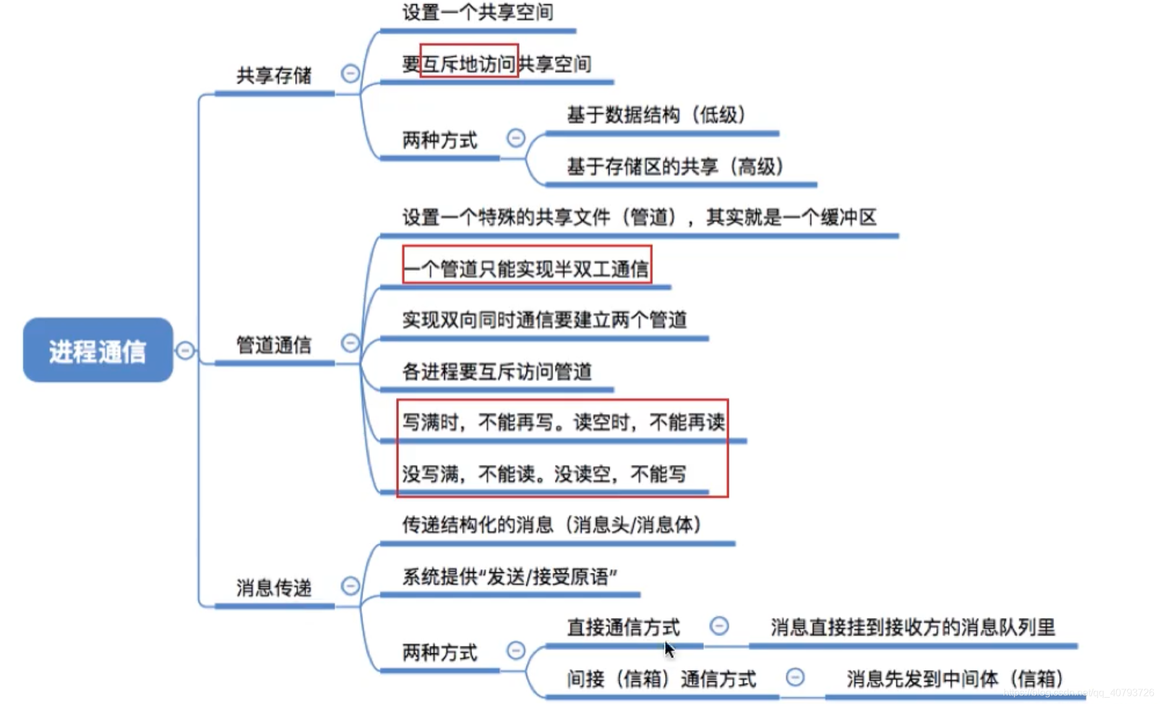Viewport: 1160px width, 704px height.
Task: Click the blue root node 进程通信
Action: pos(98,350)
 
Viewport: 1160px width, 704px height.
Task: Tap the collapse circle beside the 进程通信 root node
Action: pos(185,350)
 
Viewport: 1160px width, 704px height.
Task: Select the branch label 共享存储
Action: pos(273,75)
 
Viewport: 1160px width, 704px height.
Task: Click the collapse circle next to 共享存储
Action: pos(350,74)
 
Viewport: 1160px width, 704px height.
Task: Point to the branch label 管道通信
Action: pos(273,345)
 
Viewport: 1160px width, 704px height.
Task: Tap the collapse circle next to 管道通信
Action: pos(350,343)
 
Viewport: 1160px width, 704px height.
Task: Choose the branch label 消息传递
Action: pos(273,588)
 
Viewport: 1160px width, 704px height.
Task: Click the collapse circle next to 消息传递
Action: pos(350,586)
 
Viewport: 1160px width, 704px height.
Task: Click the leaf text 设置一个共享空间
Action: pos(478,12)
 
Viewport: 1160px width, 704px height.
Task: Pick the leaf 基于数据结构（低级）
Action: pos(656,114)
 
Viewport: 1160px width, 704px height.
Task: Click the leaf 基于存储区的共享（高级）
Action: pos(675,166)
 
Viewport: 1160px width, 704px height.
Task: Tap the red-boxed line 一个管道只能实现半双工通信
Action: pos(526,268)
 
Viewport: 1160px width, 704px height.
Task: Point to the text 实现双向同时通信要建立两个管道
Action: pos(544,320)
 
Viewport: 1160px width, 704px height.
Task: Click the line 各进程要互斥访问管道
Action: pos(497,371)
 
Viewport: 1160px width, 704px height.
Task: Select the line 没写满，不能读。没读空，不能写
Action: pos(544,474)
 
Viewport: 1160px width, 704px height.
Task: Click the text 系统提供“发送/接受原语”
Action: pos(510,577)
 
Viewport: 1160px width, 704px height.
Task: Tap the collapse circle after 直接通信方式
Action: pos(719,626)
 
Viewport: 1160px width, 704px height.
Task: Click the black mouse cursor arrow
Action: pos(669,649)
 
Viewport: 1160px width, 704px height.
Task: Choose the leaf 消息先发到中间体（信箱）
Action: pos(955,679)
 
